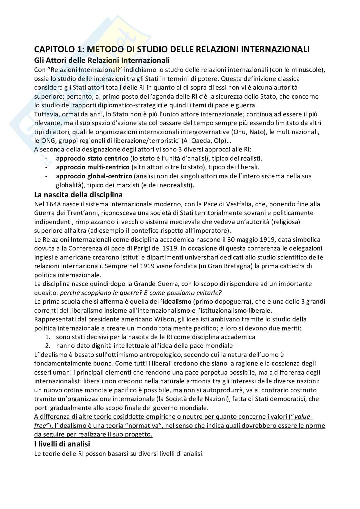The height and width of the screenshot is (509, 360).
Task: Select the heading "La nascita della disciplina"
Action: [78, 195]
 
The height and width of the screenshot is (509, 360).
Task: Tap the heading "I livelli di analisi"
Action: [62, 444]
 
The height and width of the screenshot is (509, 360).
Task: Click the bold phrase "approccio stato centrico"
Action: [92, 158]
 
